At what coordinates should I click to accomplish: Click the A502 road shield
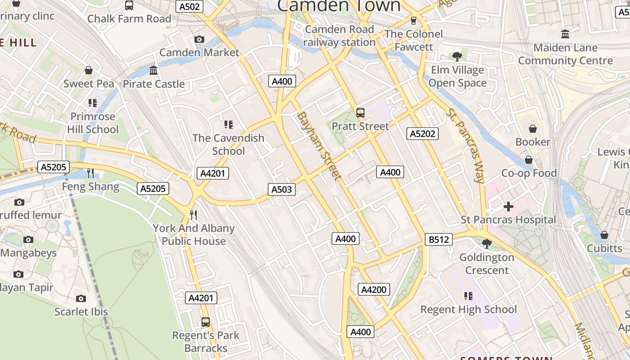[189, 6]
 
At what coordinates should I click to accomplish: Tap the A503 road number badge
[282, 189]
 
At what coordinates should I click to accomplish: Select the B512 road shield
[438, 239]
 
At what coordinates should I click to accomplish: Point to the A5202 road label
[423, 133]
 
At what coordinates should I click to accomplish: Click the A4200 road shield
[374, 289]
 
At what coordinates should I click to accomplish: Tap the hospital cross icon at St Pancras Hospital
[508, 207]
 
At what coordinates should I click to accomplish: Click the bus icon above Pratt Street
[360, 113]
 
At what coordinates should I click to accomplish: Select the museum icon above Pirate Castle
[153, 71]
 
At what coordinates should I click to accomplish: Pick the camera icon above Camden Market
[199, 40]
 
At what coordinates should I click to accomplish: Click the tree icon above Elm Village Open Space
[457, 57]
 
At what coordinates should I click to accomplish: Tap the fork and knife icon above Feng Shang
[90, 173]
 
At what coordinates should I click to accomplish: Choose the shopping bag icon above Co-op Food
[529, 160]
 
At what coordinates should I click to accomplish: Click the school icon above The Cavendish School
[228, 124]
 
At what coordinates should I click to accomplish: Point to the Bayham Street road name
[319, 146]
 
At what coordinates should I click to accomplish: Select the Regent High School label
[468, 310]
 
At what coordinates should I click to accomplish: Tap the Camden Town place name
[338, 6]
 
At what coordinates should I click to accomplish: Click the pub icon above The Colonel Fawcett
[413, 21]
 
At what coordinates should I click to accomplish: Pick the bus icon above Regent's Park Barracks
[206, 322]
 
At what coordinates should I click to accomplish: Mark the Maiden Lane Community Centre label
[565, 54]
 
